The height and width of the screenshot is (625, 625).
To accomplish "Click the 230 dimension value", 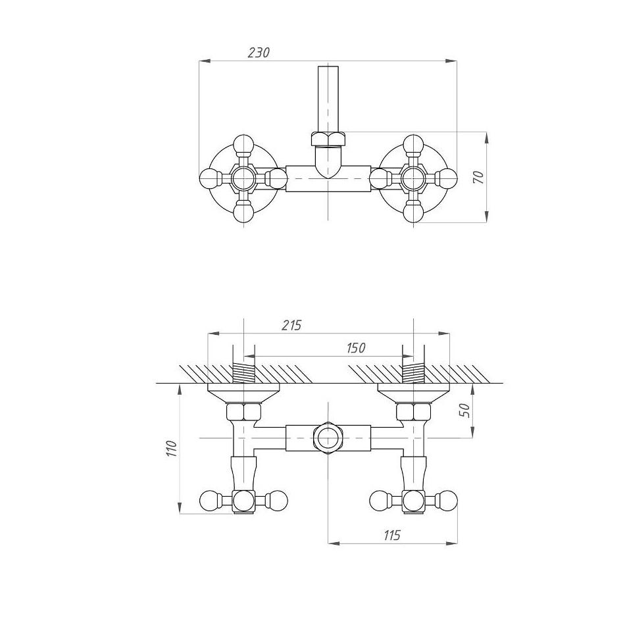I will pyautogui.click(x=259, y=53).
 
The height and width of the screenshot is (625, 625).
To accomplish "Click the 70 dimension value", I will pyautogui.click(x=478, y=177).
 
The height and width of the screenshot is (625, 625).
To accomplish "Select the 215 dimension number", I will pyautogui.click(x=291, y=325).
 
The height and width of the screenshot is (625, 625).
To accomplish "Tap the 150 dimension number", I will pyautogui.click(x=355, y=348).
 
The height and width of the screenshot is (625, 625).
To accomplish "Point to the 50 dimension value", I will pyautogui.click(x=464, y=410).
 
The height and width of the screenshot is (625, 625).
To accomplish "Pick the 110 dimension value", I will pyautogui.click(x=171, y=449).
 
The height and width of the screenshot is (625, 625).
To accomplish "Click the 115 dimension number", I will pyautogui.click(x=391, y=536).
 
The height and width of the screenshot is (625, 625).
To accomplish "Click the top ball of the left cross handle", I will pyautogui.click(x=243, y=144).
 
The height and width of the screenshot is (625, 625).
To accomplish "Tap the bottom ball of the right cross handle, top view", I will pyautogui.click(x=413, y=213).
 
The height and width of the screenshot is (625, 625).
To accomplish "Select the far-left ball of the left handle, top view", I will pyautogui.click(x=209, y=178).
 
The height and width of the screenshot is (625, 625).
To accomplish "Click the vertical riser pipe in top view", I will pyautogui.click(x=327, y=99).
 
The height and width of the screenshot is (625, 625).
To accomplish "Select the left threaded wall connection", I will pyautogui.click(x=243, y=374).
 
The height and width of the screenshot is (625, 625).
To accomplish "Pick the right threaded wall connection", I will pyautogui.click(x=413, y=374).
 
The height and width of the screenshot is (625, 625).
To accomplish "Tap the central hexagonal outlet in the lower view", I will pyautogui.click(x=327, y=438).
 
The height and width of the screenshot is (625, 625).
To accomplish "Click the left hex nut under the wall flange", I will pyautogui.click(x=243, y=413).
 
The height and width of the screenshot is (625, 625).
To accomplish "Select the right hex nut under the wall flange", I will pyautogui.click(x=413, y=413).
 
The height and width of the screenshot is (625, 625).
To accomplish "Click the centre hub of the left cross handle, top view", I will pyautogui.click(x=243, y=178).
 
